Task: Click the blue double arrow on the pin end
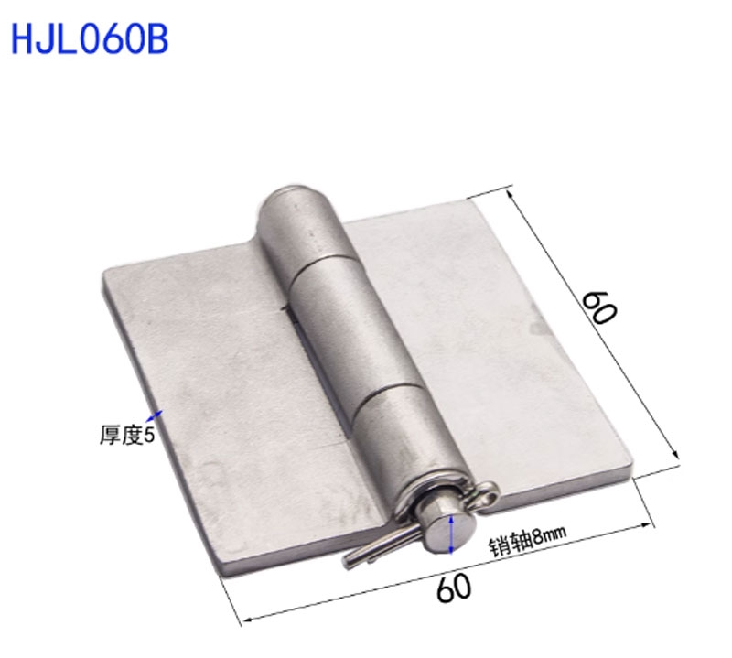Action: tap(450, 533)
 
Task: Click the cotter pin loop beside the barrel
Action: tap(486, 495)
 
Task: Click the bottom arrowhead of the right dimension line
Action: tap(676, 455)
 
